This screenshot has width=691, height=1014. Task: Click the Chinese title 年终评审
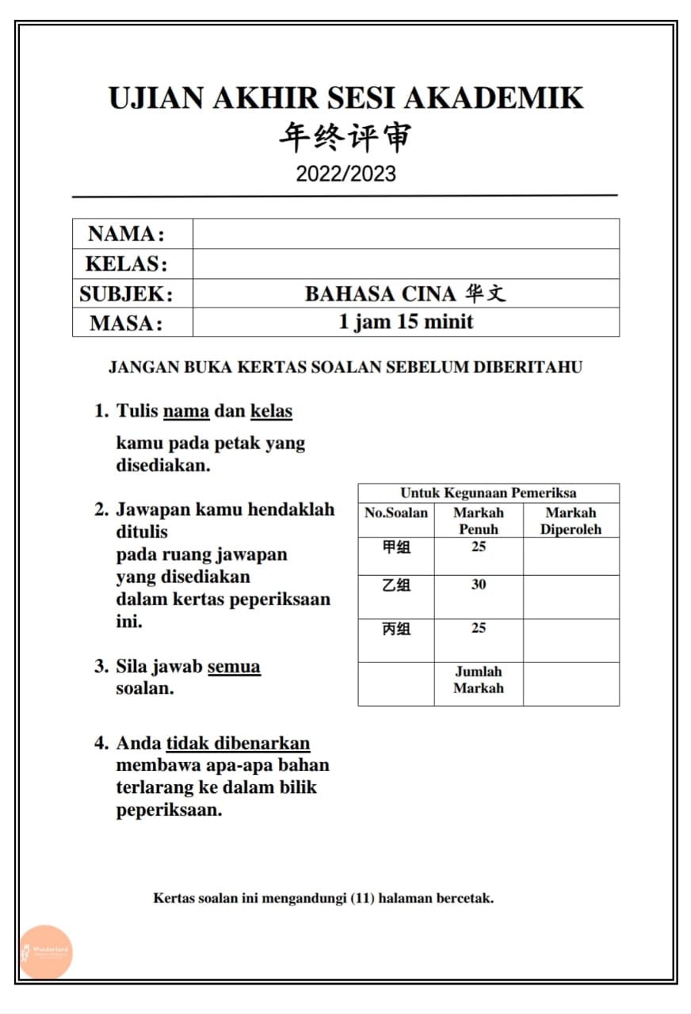[x=345, y=137]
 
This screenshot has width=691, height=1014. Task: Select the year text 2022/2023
[x=345, y=173]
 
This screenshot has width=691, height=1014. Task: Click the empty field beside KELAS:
[x=406, y=264]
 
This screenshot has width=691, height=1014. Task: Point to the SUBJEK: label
[x=126, y=294]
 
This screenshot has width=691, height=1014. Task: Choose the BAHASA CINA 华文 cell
[x=405, y=294]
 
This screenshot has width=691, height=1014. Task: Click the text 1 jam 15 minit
[x=406, y=322]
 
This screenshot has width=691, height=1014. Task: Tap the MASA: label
[x=126, y=323]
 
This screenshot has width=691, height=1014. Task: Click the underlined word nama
[x=186, y=411]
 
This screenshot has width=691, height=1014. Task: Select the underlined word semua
[x=234, y=666]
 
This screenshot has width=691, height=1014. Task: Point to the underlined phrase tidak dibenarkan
[x=238, y=743]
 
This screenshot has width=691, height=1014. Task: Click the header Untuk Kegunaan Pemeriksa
[x=488, y=493]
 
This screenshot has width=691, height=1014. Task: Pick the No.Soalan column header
[x=396, y=513]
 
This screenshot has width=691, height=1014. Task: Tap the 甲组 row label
[x=396, y=547]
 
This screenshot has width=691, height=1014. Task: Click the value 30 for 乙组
[x=479, y=585]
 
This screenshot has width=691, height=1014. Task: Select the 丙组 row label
[x=396, y=629]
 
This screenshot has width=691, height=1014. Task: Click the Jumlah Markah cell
[x=479, y=680]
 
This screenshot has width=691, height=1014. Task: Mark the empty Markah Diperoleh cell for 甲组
[x=571, y=556]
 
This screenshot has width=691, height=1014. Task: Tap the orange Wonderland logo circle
[x=46, y=951]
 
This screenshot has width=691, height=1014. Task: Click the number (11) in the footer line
[x=363, y=898]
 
